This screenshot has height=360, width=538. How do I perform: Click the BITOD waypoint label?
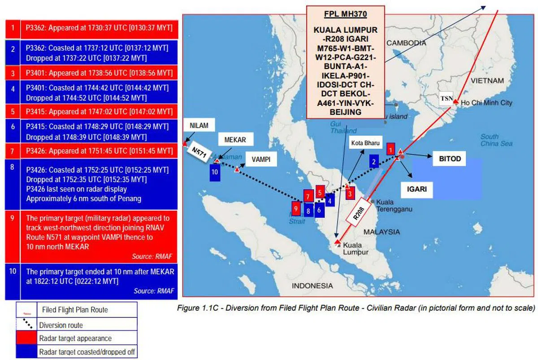coord(447,159)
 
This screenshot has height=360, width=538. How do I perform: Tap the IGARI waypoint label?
coord(417,189)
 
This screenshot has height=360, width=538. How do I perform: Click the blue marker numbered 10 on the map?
coord(215,172)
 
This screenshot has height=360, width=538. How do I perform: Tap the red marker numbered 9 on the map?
coord(295,208)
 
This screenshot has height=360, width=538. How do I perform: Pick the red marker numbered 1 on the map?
coord(391,148)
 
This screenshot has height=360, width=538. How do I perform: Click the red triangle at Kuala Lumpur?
coord(337,243)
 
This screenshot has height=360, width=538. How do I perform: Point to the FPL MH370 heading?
coord(345,14)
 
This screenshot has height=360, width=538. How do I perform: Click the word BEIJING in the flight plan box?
coord(345,112)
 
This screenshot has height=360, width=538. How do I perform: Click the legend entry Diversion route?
coord(61,325)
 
